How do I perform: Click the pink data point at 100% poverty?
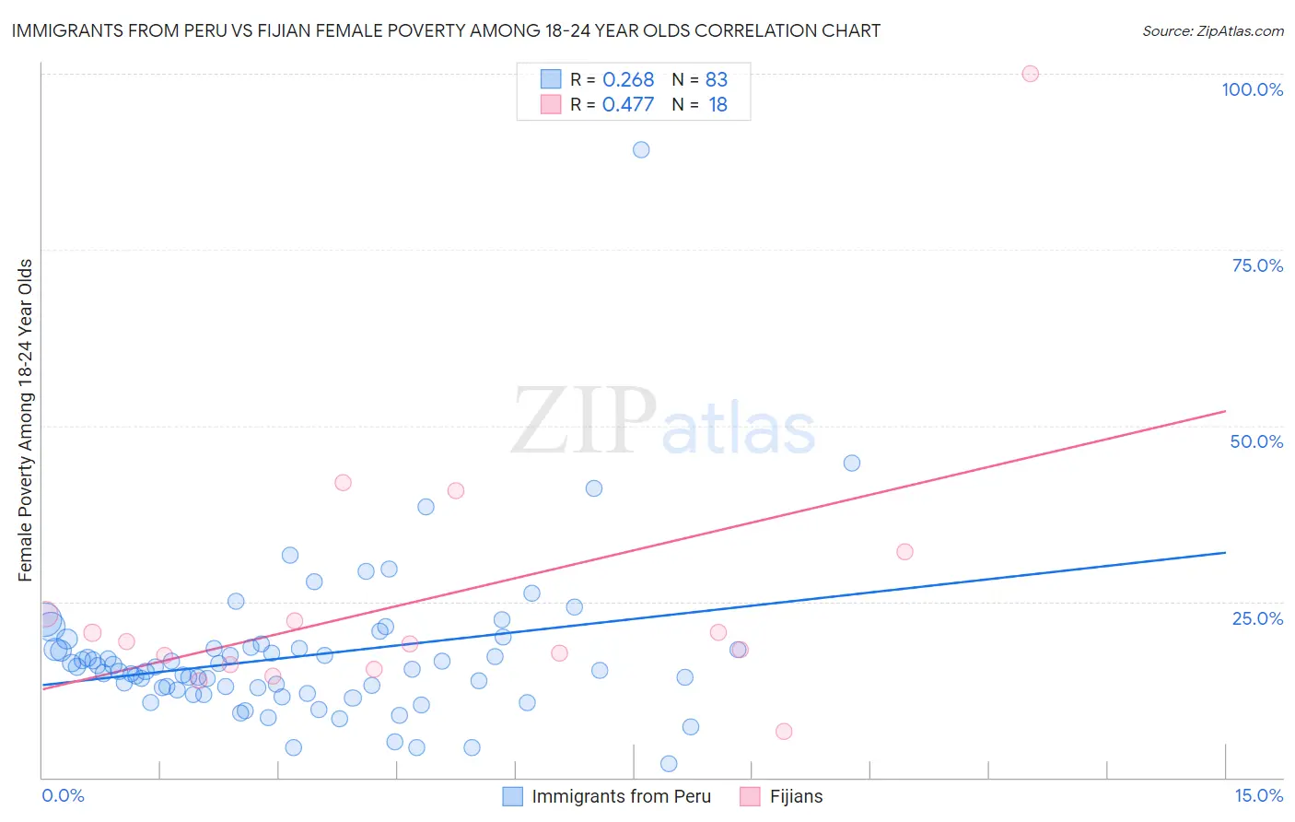coord(1030,74)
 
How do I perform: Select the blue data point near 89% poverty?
coord(641,149)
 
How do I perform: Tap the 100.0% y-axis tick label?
coord(1252,89)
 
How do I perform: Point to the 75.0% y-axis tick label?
coord(1257,265)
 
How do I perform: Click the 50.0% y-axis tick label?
coord(1256,441)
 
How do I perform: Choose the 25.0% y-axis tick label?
coord(1257,617)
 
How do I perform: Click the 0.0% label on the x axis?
coord(63,795)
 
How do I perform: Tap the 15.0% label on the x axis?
coord(1258,795)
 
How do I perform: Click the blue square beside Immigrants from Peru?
coord(513,796)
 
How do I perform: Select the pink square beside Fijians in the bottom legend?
coord(751,796)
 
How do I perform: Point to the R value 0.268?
coord(628,79)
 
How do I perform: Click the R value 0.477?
coord(628,104)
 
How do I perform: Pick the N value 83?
coord(717,79)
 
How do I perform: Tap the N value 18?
coord(717,104)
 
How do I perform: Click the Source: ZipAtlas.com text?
coord(1212,31)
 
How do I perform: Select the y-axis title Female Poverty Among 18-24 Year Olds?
coord(26,420)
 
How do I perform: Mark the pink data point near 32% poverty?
coord(904,551)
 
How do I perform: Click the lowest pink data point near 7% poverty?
coord(784,731)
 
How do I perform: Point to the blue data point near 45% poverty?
coord(852,463)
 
